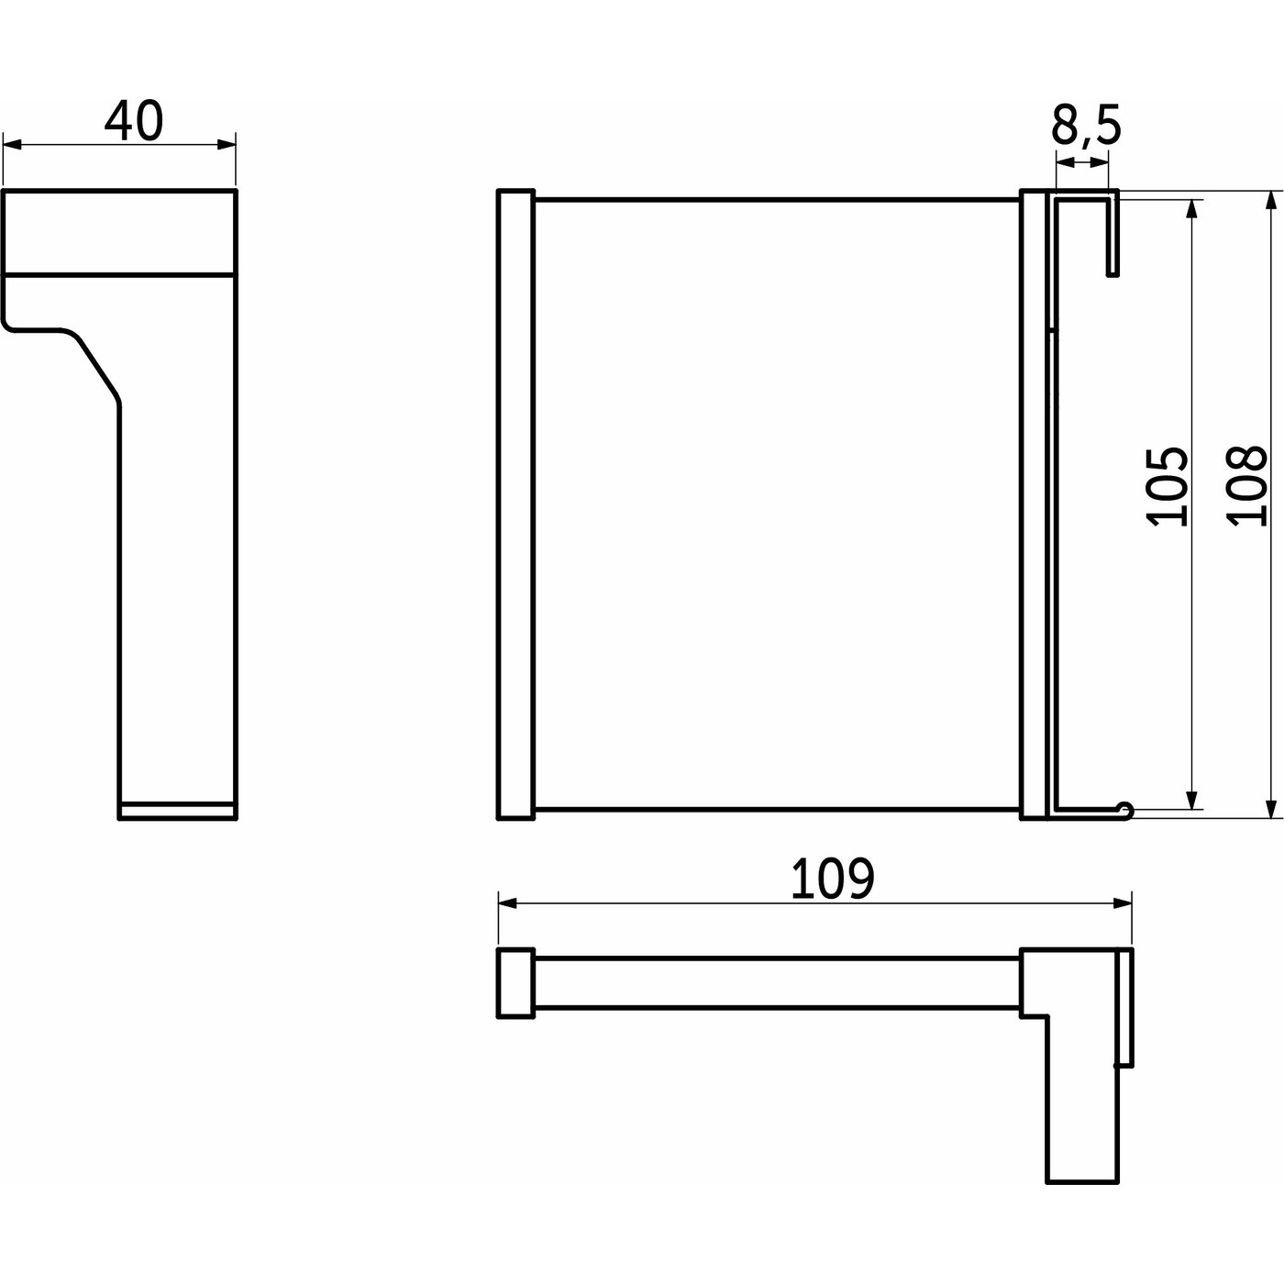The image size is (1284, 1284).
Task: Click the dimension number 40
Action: (x=133, y=122)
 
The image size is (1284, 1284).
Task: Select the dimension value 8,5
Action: (x=1086, y=126)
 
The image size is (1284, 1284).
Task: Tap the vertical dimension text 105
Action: (x=1168, y=486)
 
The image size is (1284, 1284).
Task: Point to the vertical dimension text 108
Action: (x=1248, y=486)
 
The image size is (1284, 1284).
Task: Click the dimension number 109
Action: (x=832, y=880)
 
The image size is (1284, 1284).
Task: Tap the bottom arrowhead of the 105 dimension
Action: (x=1192, y=799)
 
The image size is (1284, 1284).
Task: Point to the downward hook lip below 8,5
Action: (x=1113, y=238)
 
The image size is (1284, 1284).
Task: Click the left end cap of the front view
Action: (x=515, y=504)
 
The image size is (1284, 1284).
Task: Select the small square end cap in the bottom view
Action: (x=515, y=982)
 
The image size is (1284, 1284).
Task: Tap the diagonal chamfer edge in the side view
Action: (x=94, y=367)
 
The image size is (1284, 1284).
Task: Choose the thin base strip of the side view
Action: (x=178, y=810)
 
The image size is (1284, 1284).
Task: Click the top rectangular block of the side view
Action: (x=119, y=231)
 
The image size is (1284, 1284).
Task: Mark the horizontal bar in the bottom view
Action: (x=776, y=983)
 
